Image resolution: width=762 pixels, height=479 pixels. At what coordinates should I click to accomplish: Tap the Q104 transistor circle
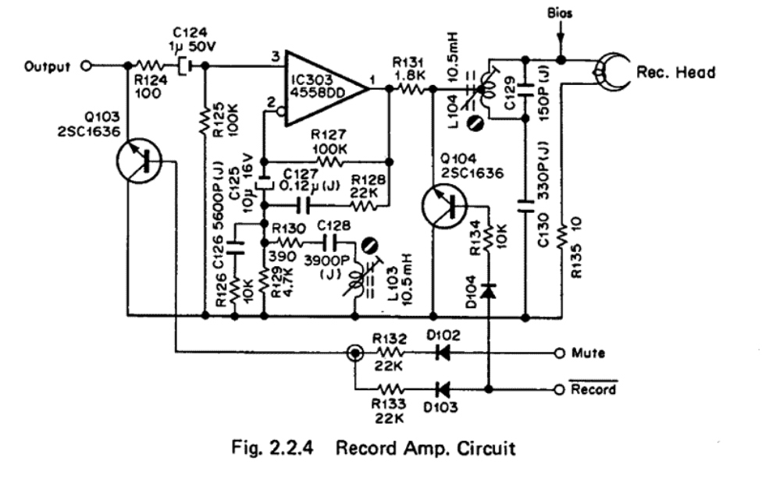pyautogui.click(x=443, y=204)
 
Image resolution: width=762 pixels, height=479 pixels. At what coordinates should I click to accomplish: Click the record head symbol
pyautogui.click(x=611, y=73)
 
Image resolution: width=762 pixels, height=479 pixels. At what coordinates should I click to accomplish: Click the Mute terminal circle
pyautogui.click(x=559, y=353)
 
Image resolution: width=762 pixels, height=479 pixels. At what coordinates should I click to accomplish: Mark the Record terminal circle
pyautogui.click(x=559, y=388)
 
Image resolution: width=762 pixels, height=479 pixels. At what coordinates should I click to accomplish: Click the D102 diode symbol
pyautogui.click(x=443, y=353)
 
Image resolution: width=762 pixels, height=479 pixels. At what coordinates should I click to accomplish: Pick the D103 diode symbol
pyautogui.click(x=443, y=388)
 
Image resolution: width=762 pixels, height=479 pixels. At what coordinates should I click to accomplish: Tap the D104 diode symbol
pyautogui.click(x=489, y=290)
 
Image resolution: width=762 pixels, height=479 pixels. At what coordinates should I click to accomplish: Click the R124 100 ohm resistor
pyautogui.click(x=147, y=66)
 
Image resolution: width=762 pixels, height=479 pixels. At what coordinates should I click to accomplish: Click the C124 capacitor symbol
pyautogui.click(x=182, y=66)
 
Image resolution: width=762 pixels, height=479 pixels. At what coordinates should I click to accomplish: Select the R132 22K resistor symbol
pyautogui.click(x=391, y=353)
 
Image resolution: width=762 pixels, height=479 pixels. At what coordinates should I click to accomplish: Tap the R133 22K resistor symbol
pyautogui.click(x=391, y=388)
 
